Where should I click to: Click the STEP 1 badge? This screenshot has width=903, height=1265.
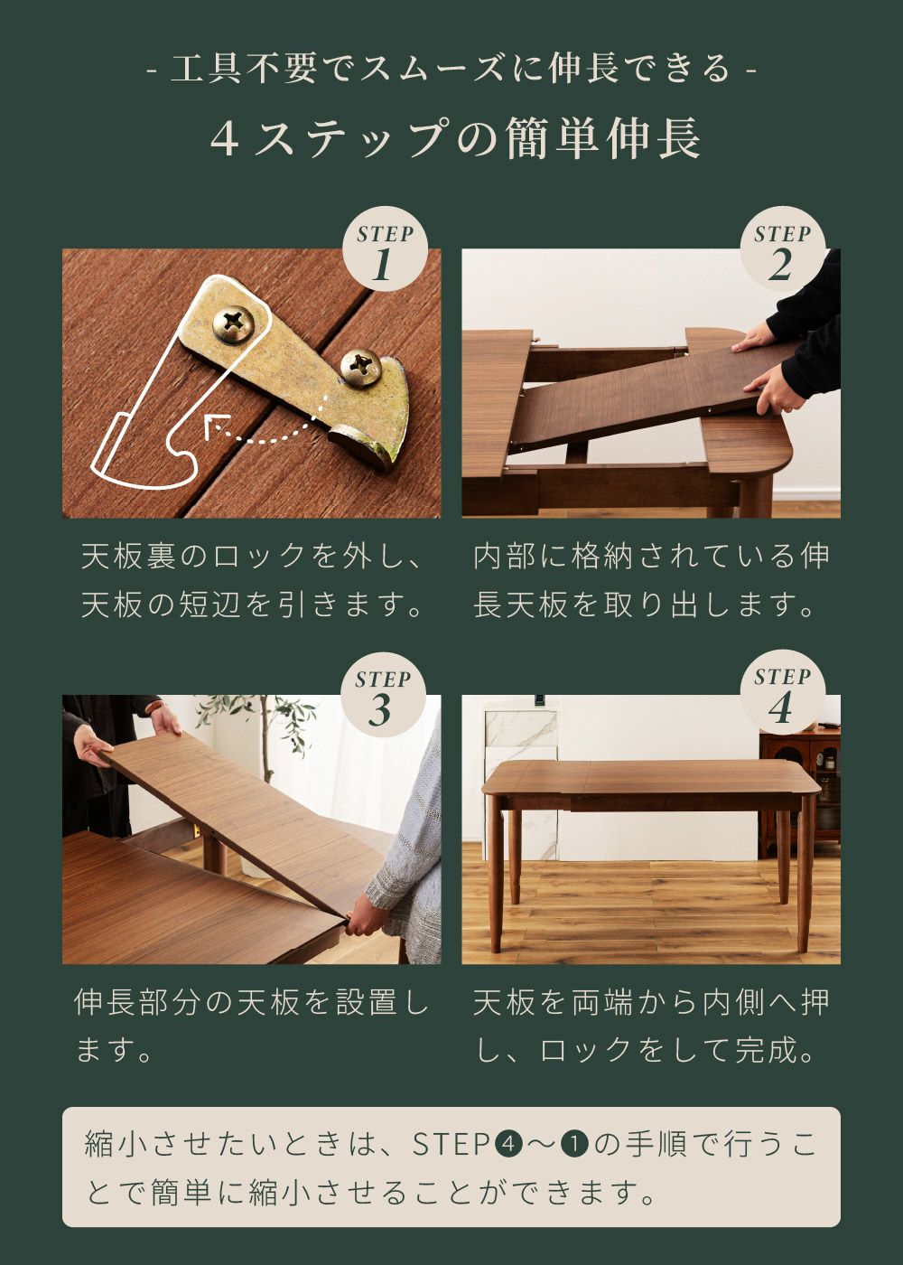[x=385, y=248]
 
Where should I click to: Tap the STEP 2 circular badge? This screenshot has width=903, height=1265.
[x=782, y=248]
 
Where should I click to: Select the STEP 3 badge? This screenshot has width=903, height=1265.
[x=385, y=695]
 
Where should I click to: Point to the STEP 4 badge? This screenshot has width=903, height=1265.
[x=782, y=693]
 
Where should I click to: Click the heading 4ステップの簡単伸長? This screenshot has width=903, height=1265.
[x=455, y=139]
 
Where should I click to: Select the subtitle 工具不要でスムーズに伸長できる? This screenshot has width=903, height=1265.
[x=451, y=69]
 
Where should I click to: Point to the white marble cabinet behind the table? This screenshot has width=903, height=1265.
[x=521, y=779]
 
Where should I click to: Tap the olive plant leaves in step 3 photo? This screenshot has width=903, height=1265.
[x=271, y=723]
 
